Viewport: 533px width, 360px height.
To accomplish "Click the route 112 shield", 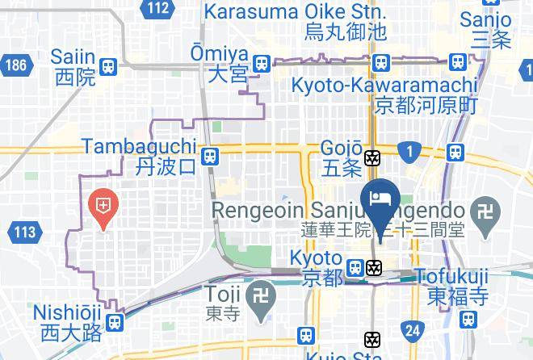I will pos(160,9).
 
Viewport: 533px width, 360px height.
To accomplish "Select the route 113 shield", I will pos(25,233).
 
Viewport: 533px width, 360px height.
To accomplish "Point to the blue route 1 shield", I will pos(411,151).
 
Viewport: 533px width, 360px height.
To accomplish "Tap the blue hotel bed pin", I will pos(380,199).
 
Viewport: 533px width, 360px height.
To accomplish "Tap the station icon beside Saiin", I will pos(109,67).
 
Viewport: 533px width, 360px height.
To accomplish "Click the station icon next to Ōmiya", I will pos(261,63).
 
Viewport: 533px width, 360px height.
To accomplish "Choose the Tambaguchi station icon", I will pos(210,156).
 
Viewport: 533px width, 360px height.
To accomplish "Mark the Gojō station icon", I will pos(373,158).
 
